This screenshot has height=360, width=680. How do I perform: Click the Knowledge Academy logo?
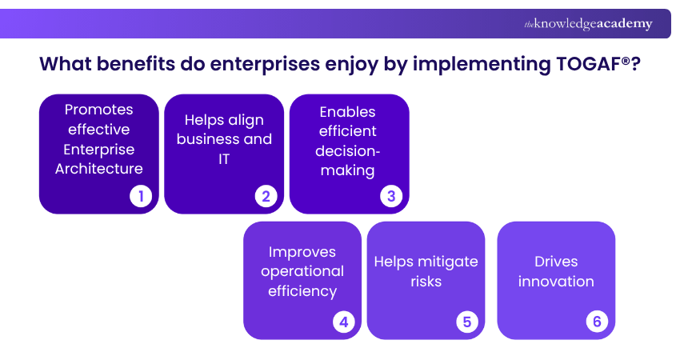pyautogui.click(x=588, y=24)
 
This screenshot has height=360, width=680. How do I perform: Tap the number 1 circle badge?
pyautogui.click(x=141, y=196)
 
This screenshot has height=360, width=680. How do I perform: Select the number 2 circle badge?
pyautogui.click(x=266, y=196)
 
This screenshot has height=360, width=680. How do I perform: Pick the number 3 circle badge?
pyautogui.click(x=391, y=196)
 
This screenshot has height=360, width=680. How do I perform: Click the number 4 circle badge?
pyautogui.click(x=344, y=322)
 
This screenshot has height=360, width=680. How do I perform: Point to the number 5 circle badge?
pyautogui.click(x=467, y=322)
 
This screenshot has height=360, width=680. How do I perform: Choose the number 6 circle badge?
pyautogui.click(x=596, y=322)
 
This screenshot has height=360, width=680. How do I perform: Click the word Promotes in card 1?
pyautogui.click(x=99, y=110)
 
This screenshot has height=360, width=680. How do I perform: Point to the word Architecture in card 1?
pyautogui.click(x=99, y=168)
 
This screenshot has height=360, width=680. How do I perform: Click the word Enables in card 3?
pyautogui.click(x=347, y=111)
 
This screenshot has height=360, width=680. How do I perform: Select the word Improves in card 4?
pyautogui.click(x=302, y=252)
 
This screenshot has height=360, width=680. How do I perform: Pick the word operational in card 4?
pyautogui.click(x=302, y=271)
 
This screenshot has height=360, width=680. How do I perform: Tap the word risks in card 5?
pyautogui.click(x=426, y=282)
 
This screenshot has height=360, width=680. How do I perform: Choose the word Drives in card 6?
pyautogui.click(x=556, y=262)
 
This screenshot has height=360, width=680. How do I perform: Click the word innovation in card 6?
pyautogui.click(x=556, y=282)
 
